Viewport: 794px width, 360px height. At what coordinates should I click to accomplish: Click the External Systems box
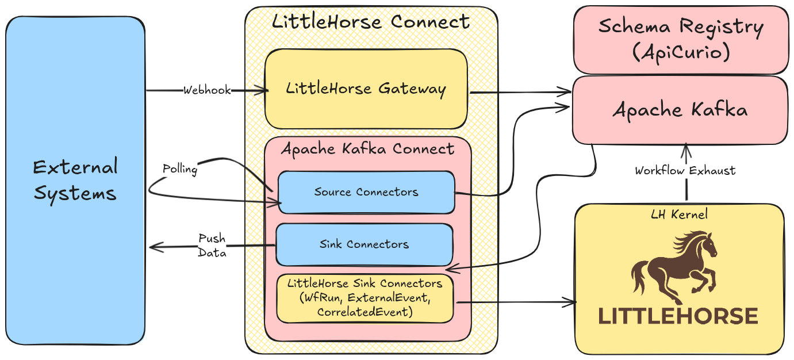[75, 180]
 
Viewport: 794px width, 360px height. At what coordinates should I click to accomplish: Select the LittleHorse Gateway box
[366, 89]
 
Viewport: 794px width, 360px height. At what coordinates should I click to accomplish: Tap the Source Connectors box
[366, 192]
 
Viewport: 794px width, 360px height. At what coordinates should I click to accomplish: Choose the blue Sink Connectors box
[364, 244]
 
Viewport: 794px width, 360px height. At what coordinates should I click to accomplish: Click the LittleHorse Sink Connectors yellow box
[365, 298]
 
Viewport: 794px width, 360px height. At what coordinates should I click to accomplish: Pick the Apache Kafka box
[680, 110]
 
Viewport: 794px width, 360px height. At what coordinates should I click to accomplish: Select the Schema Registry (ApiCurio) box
[680, 39]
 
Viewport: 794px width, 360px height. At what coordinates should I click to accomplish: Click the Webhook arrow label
[207, 90]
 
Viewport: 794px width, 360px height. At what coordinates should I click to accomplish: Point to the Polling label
[179, 169]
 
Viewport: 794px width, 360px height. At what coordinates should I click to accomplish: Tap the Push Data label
[212, 246]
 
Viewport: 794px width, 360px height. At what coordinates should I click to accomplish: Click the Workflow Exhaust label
[685, 171]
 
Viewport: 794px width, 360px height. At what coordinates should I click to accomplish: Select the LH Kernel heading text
[679, 215]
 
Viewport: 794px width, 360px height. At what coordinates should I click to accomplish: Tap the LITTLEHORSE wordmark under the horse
[678, 316]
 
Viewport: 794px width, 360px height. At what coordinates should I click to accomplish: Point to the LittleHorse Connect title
[370, 22]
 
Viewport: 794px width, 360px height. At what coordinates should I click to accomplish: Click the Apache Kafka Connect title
[367, 149]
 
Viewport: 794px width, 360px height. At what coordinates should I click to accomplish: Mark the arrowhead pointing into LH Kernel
[571, 302]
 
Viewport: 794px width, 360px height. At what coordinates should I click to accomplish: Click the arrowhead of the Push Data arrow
[152, 247]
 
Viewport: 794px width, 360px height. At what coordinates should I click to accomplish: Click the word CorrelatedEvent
[365, 312]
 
